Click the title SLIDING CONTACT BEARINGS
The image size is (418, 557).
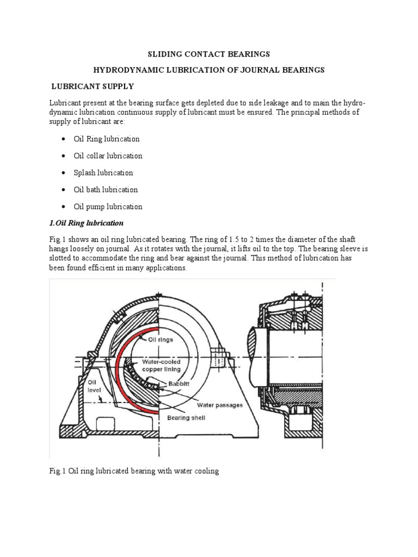(210, 54)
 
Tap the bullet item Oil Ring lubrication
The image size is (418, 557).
(107, 139)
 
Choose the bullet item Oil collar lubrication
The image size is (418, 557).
(108, 156)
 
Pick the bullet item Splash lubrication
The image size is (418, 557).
(103, 172)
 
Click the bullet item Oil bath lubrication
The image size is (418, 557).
(106, 189)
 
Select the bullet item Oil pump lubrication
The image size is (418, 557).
(108, 206)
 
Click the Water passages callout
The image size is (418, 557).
(220, 405)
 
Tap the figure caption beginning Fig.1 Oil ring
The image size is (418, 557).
(134, 471)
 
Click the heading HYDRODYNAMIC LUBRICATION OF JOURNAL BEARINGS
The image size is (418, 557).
(209, 70)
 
